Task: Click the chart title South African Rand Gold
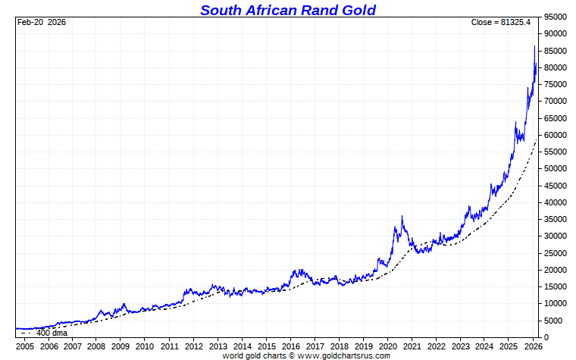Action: [x=288, y=10]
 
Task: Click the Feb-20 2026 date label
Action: [x=42, y=22]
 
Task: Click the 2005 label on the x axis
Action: [x=25, y=346]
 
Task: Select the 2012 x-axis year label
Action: [x=192, y=346]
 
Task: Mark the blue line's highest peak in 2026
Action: [x=534, y=46]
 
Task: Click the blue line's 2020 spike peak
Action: [x=402, y=217]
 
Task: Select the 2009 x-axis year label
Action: [x=121, y=346]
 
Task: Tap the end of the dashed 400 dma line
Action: [x=537, y=139]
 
